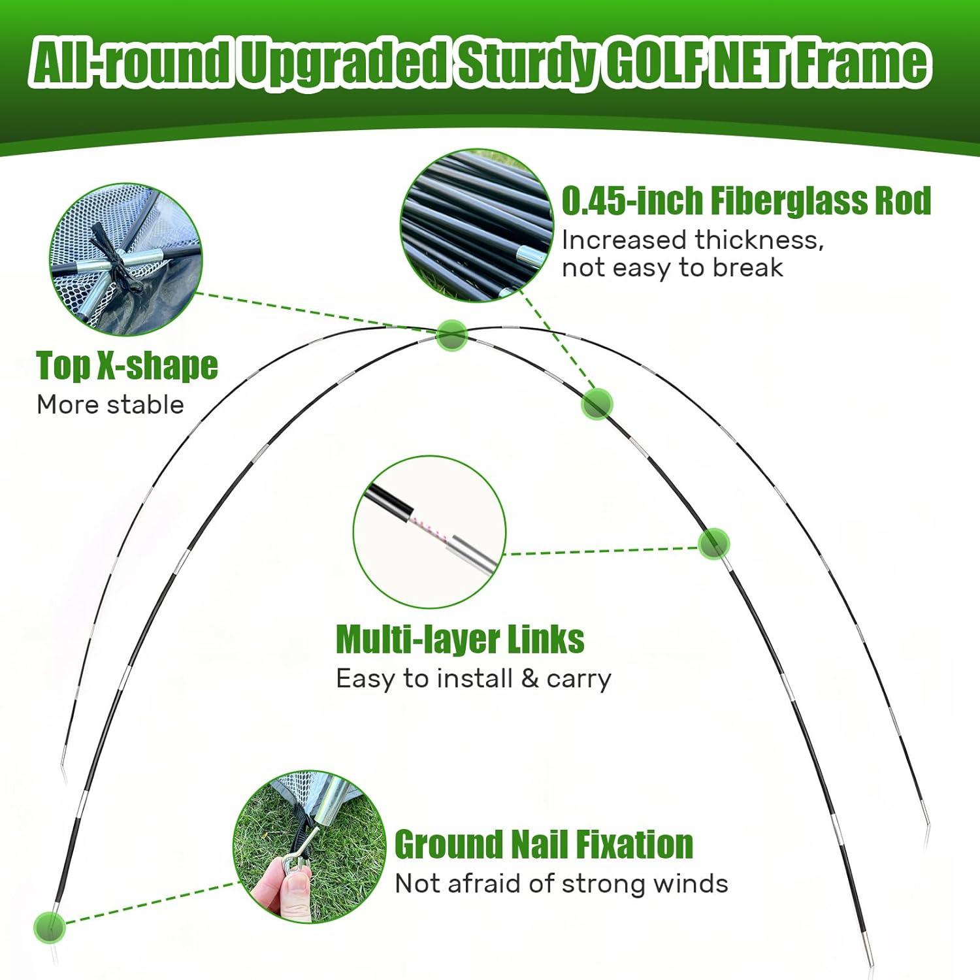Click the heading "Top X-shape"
coord(127,365)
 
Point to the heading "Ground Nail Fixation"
coord(544,844)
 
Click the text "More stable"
coord(110,405)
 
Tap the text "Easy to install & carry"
coord(474,679)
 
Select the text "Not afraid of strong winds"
coord(561,884)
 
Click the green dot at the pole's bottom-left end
coord(50,927)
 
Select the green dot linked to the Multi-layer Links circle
coord(713,544)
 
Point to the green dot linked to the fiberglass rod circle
coord(596,404)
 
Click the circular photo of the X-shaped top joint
coord(126,259)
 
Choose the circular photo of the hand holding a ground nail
coord(310,847)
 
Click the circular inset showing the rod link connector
coord(429,532)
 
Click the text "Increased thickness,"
coord(693,240)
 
